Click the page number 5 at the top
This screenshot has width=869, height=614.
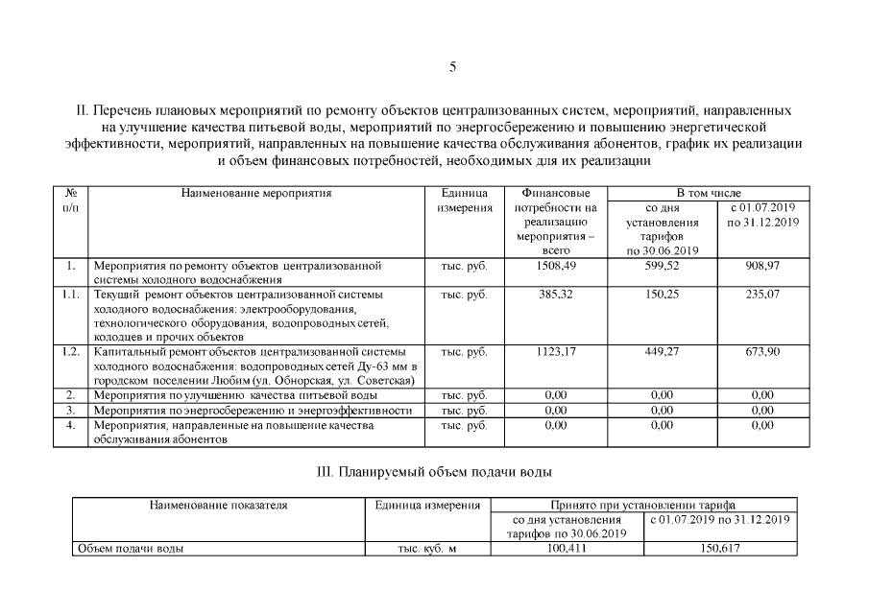pyautogui.click(x=452, y=66)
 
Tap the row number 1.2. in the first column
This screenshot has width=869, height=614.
pyautogui.click(x=70, y=352)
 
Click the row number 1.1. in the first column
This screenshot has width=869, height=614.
pyautogui.click(x=70, y=295)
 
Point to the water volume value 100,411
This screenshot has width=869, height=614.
pyautogui.click(x=567, y=548)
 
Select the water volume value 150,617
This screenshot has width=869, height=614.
pyautogui.click(x=720, y=548)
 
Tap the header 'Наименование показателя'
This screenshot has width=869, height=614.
pyautogui.click(x=218, y=505)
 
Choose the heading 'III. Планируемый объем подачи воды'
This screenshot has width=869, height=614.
pyautogui.click(x=434, y=472)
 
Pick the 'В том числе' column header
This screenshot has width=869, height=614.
pyautogui.click(x=709, y=193)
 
